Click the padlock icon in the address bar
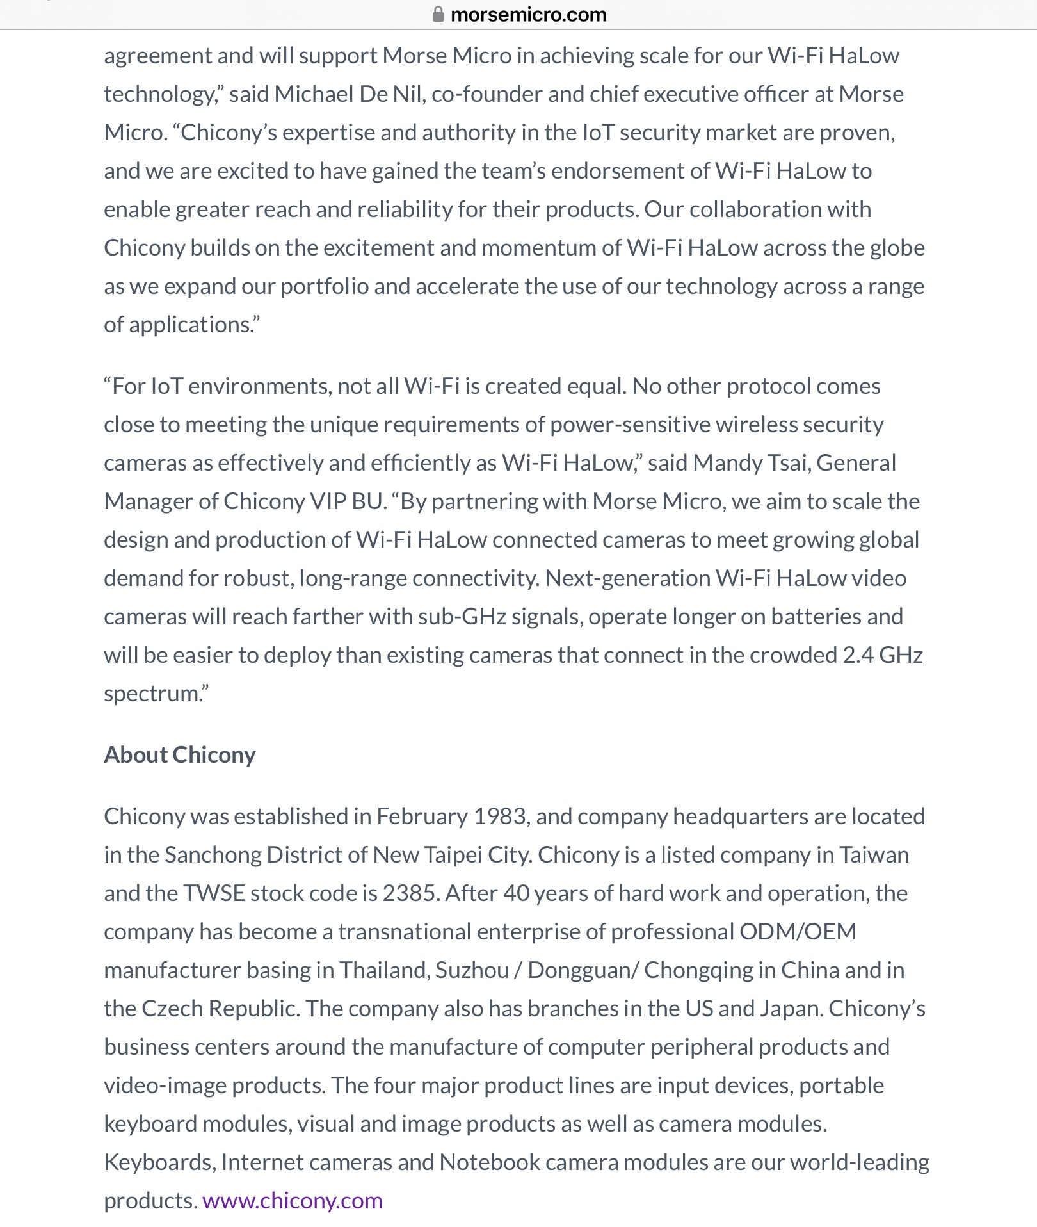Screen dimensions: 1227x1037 point(438,14)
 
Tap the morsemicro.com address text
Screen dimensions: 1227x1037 point(528,14)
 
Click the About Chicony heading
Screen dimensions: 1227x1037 point(180,754)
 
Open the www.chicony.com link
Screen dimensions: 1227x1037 point(293,1200)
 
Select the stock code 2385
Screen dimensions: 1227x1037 point(410,893)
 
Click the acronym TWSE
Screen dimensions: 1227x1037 point(214,893)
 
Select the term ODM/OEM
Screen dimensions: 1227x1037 point(798,931)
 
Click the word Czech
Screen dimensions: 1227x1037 point(172,1008)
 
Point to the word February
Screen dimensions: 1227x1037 point(422,816)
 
